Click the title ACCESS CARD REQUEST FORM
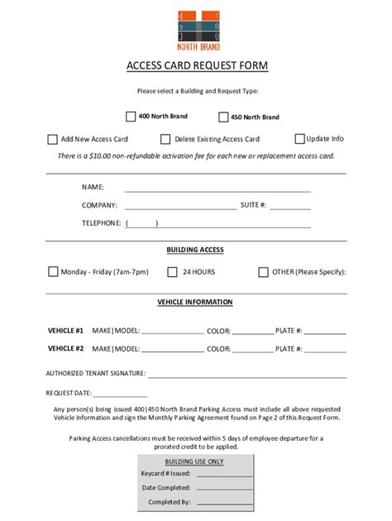click(197, 65)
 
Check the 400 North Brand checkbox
click(131, 117)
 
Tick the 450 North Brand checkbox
click(223, 117)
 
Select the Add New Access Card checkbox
click(53, 140)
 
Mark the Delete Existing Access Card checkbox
click(165, 140)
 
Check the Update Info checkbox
click(299, 139)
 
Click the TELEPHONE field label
click(101, 223)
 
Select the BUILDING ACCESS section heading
click(195, 250)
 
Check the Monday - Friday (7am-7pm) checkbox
click(53, 271)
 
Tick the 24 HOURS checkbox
click(172, 271)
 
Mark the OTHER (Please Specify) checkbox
click(264, 271)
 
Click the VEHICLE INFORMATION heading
click(195, 303)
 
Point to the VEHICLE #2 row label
click(66, 349)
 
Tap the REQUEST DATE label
click(69, 394)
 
